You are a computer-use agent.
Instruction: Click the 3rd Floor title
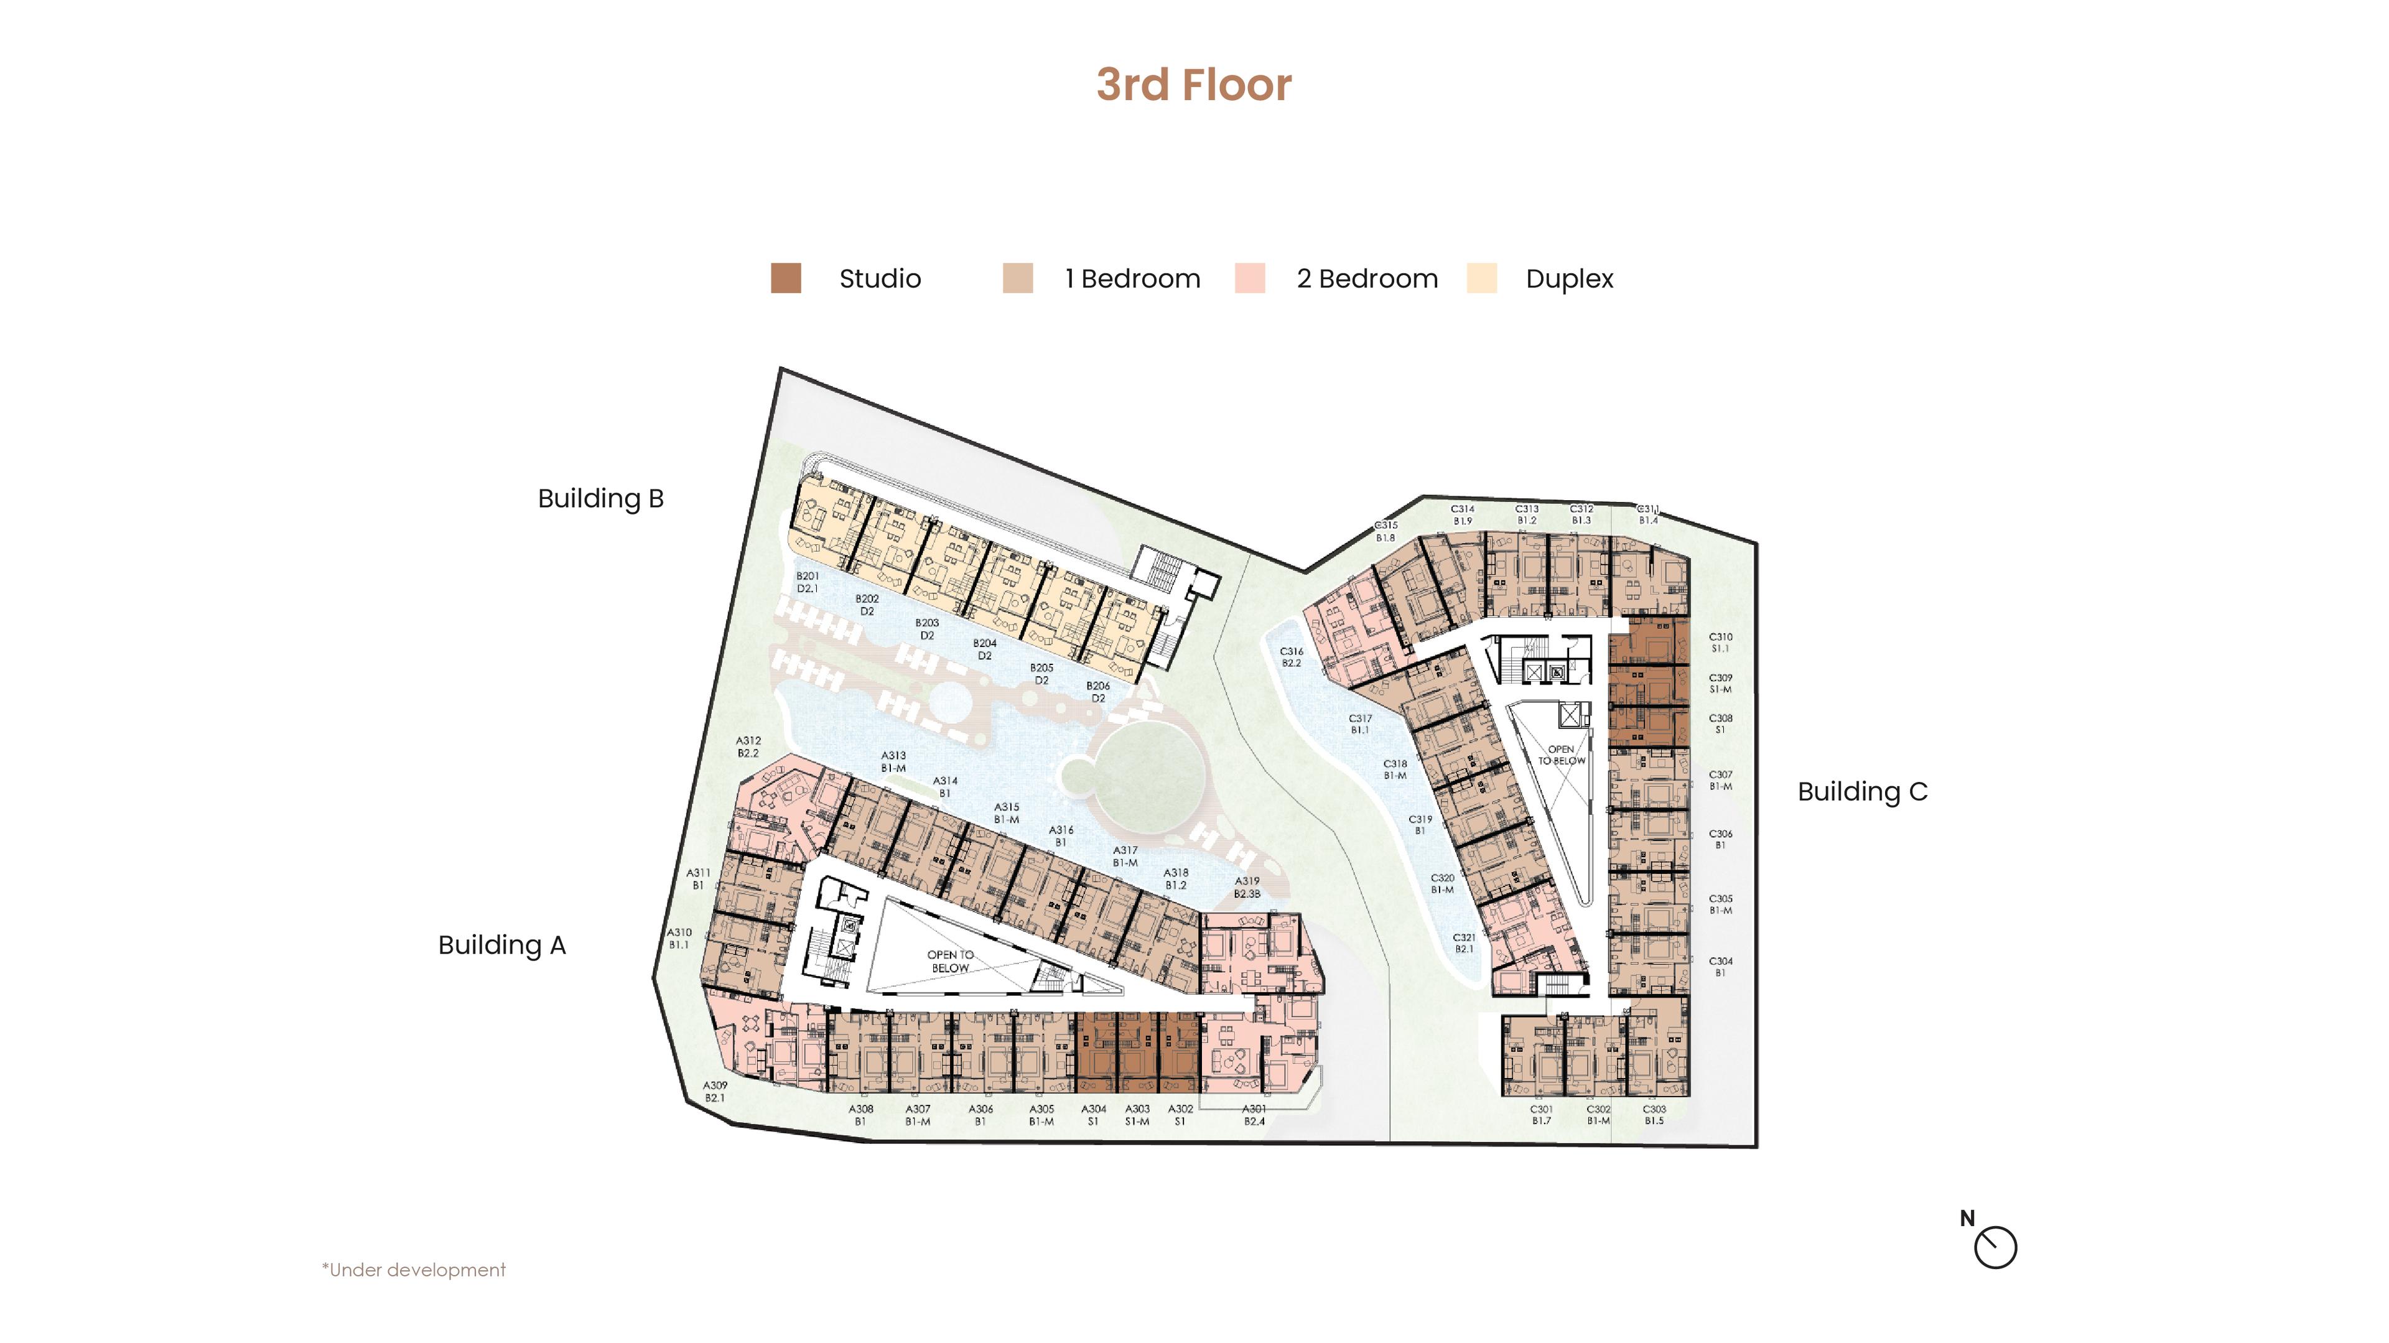[1194, 85]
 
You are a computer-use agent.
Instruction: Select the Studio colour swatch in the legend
[786, 278]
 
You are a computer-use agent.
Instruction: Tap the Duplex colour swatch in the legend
[1481, 278]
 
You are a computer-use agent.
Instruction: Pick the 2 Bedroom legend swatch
[1249, 278]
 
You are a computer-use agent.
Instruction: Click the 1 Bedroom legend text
[1132, 278]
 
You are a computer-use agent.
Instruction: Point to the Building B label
[601, 498]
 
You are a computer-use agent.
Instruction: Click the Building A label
[501, 945]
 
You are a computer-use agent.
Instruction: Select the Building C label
[1862, 791]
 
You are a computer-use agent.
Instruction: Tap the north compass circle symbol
[1995, 1247]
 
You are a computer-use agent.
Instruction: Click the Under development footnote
[414, 1270]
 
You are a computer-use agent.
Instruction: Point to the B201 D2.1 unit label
[808, 582]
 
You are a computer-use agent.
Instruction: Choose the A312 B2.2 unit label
[748, 746]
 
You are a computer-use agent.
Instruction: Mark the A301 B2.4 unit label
[1254, 1115]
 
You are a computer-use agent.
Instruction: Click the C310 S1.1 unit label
[1720, 643]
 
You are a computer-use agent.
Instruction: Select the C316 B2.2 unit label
[1291, 657]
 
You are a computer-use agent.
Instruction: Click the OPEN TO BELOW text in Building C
[1562, 755]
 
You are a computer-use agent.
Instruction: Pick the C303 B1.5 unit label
[1654, 1115]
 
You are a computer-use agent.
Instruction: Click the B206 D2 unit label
[1098, 692]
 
